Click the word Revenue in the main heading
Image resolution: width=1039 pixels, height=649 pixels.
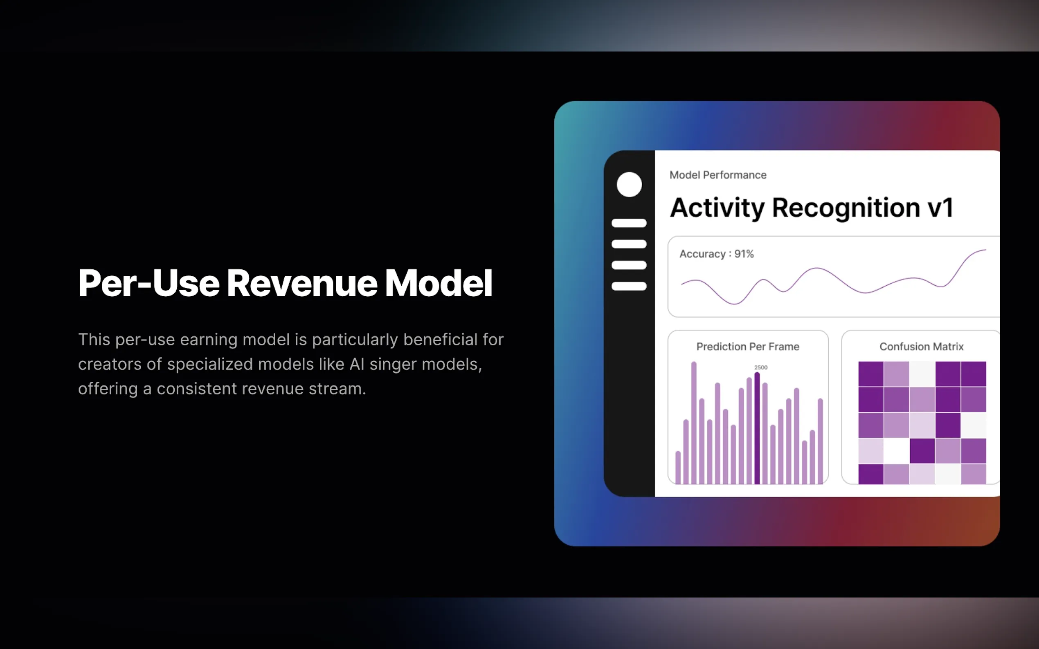coord(302,283)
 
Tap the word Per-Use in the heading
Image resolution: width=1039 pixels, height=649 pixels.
coord(148,283)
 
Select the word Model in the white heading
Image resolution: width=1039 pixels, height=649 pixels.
coord(438,283)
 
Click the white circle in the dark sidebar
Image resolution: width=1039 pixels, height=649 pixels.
coord(629,185)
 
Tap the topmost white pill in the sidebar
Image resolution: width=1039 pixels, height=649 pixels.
coord(629,223)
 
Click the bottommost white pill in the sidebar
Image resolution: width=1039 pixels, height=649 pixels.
coord(629,286)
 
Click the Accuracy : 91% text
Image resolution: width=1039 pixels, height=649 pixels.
coord(716,254)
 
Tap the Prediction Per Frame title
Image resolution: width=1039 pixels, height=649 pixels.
coord(748,347)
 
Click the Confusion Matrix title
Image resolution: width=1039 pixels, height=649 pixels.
coord(921,347)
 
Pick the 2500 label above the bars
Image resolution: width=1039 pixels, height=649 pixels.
coord(761,367)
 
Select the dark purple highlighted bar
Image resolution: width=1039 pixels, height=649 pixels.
coord(757,428)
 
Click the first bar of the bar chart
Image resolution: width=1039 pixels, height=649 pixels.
coord(678,468)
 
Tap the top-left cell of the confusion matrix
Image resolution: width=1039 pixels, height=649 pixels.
coord(870,374)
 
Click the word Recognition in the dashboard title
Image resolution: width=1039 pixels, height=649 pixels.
coord(846,208)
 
